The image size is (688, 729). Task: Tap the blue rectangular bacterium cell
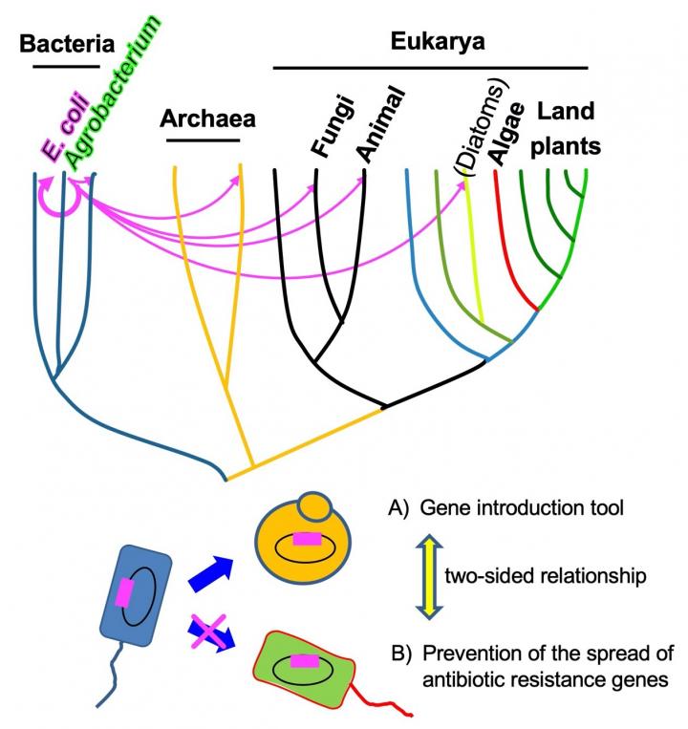pyautogui.click(x=137, y=592)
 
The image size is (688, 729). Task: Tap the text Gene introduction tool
pyautogui.click(x=529, y=508)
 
